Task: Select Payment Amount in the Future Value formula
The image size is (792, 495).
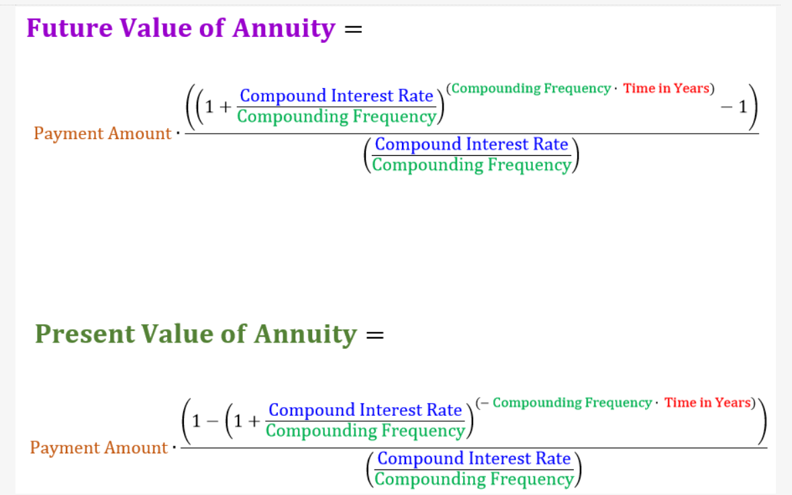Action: tap(102, 134)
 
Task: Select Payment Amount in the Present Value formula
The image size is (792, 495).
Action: tap(98, 448)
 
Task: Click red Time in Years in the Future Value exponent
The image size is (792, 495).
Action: tap(666, 89)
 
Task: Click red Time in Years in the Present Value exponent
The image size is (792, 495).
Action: tap(707, 403)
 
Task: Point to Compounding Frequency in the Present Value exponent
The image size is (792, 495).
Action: tap(572, 403)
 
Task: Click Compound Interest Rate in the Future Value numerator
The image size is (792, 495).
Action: tap(336, 96)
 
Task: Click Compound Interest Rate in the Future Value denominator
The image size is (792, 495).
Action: tap(471, 144)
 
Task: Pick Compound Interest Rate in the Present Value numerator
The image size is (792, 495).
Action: tap(365, 410)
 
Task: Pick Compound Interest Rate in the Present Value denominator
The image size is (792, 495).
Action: tap(474, 459)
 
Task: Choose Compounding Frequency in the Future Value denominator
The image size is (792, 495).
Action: tap(471, 165)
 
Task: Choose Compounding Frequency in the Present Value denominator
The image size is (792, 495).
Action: tap(474, 479)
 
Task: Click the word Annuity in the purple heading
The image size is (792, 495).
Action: tap(284, 28)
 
